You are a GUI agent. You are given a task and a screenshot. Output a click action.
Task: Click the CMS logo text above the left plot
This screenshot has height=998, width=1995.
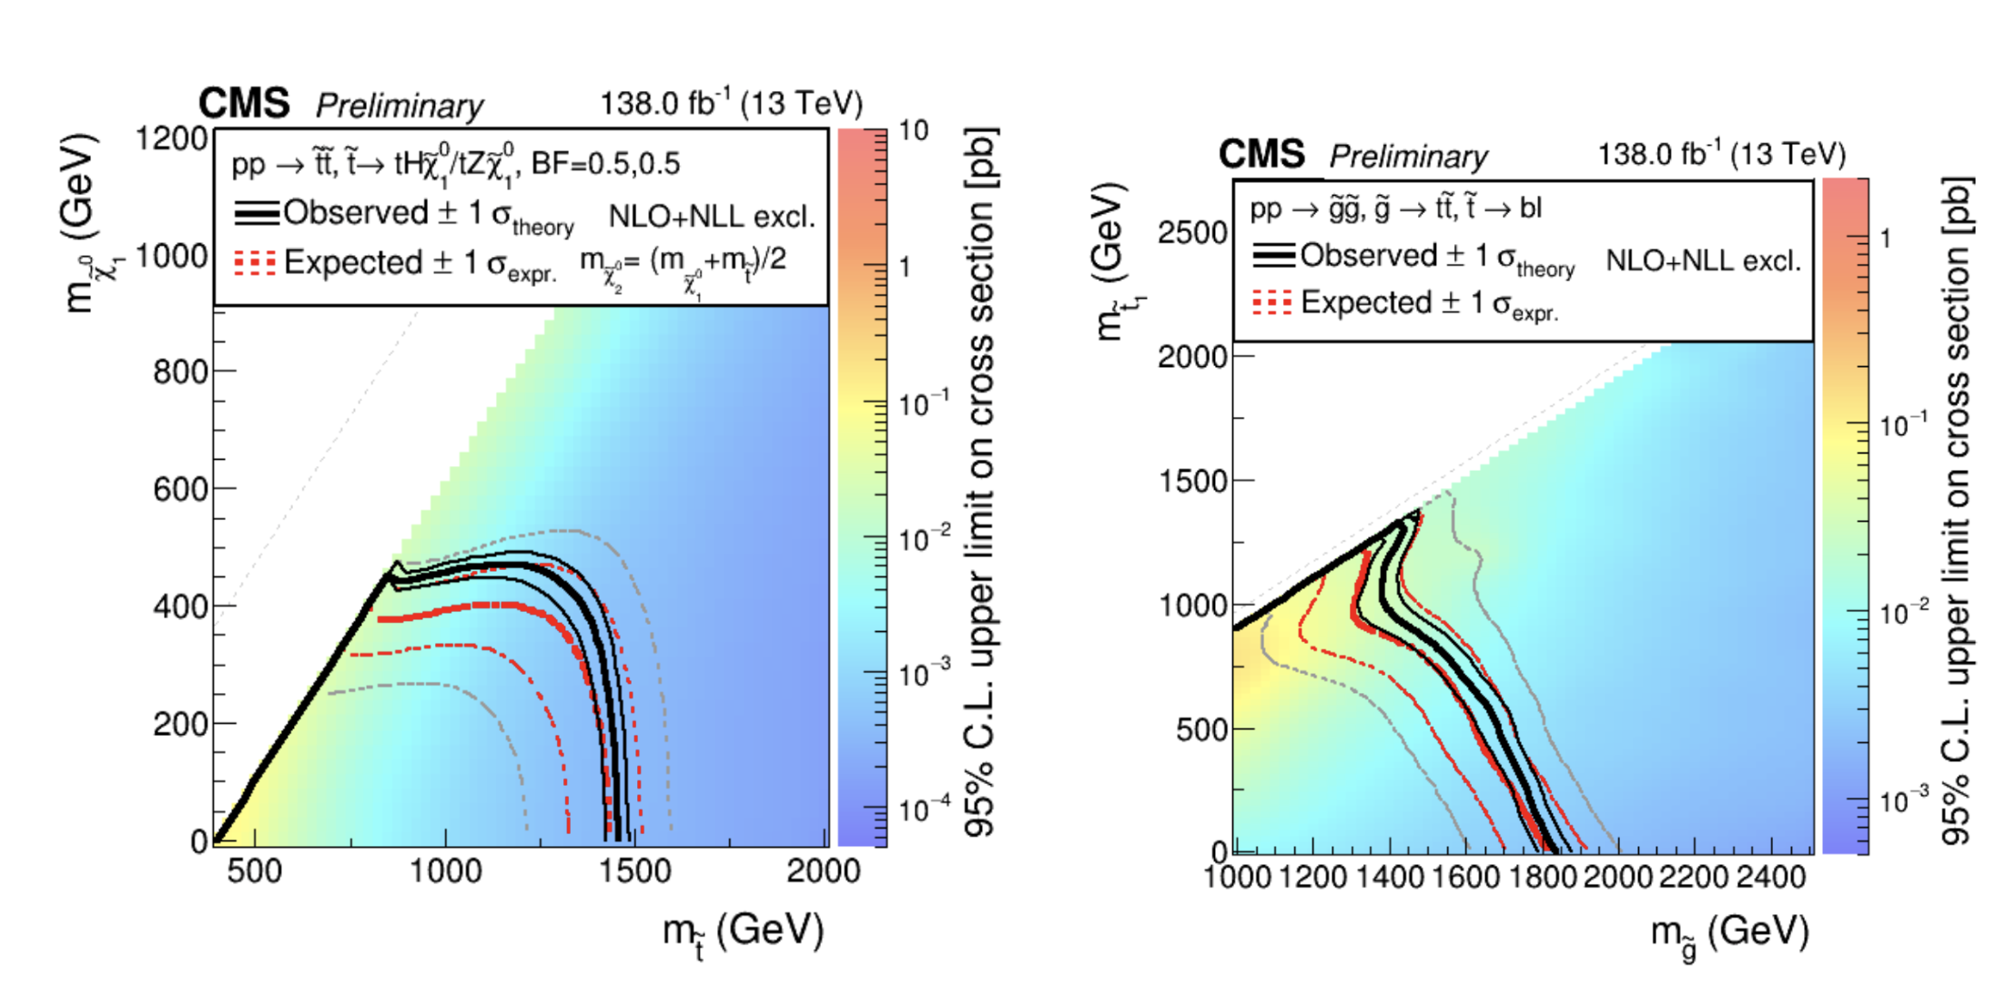tap(244, 104)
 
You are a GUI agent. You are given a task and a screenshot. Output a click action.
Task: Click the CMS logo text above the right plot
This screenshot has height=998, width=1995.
tap(1261, 155)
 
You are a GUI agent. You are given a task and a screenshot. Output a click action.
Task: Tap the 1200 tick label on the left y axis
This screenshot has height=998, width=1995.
tap(172, 139)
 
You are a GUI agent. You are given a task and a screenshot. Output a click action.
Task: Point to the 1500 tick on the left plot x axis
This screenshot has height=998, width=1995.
tap(634, 871)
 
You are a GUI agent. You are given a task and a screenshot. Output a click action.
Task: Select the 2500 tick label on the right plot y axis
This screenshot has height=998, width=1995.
tap(1192, 233)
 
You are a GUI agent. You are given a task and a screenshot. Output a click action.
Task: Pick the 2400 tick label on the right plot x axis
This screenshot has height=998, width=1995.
tap(1771, 878)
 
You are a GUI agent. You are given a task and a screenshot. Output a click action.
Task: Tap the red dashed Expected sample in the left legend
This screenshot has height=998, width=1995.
tap(255, 263)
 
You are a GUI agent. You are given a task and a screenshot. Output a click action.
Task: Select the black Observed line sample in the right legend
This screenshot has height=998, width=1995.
tap(1273, 256)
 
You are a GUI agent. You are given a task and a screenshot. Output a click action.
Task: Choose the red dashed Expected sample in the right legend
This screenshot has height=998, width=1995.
tap(1271, 303)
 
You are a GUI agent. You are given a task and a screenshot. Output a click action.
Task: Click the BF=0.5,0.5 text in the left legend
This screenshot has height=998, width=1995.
tap(605, 164)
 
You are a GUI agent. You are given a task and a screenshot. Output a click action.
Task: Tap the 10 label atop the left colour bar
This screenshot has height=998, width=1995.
tap(913, 131)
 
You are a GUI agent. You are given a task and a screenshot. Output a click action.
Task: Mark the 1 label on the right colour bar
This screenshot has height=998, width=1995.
tap(1885, 239)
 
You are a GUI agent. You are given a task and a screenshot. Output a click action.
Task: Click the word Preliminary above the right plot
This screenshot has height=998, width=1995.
tap(1408, 157)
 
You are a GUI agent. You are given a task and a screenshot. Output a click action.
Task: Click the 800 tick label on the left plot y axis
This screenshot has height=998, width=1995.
tap(180, 372)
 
